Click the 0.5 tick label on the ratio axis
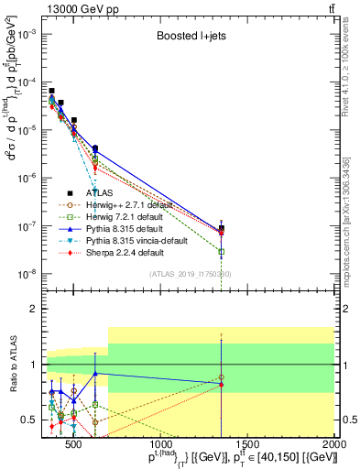coord(29,420)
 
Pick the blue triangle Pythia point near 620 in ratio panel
coord(94,373)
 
